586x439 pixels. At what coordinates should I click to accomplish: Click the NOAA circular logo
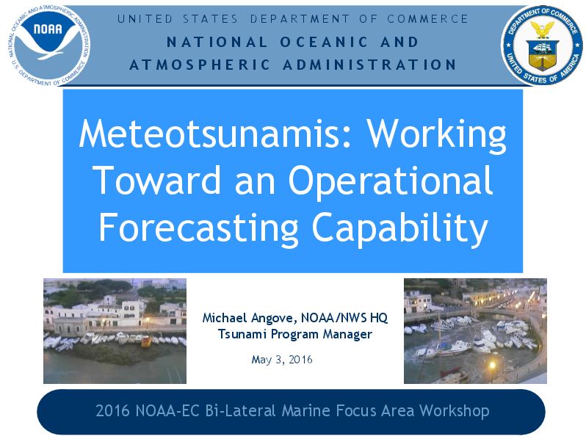tap(48, 46)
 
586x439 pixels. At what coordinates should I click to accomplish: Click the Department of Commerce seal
tap(542, 46)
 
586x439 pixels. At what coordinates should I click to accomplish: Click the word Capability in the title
tap(400, 228)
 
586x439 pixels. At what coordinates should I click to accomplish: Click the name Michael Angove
tap(250, 318)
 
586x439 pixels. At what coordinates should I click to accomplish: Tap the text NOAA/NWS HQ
tap(344, 318)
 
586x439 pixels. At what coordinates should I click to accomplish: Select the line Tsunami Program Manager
tap(295, 334)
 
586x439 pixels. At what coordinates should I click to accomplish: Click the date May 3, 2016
tap(282, 360)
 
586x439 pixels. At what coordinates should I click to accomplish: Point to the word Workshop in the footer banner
tap(454, 411)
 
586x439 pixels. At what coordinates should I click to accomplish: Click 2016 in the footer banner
tap(112, 410)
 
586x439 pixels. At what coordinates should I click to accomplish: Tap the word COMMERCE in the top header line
tap(427, 18)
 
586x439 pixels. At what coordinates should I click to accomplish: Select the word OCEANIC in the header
tap(324, 42)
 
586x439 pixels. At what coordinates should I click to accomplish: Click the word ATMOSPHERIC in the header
tap(200, 65)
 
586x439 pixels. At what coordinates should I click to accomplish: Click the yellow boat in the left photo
tap(146, 341)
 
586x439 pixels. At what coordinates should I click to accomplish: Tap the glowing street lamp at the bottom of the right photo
tap(492, 365)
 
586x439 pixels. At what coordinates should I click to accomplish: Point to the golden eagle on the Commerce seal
tap(542, 29)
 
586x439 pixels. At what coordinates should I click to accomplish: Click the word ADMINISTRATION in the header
tap(369, 65)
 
